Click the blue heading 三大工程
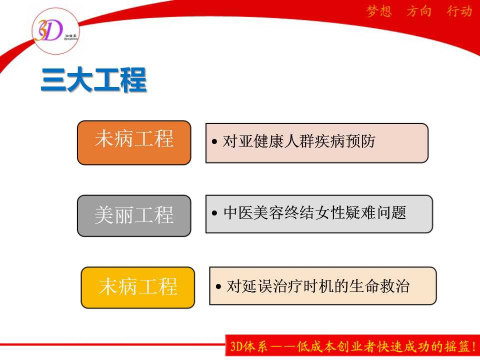93,79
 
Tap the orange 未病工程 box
134,142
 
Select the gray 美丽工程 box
134,215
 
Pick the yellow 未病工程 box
138,287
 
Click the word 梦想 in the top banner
379,11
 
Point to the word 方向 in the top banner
419,11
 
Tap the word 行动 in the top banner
459,11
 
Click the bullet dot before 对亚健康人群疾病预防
214,141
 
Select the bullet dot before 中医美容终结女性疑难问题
214,213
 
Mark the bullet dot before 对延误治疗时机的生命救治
218,286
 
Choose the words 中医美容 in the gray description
254,212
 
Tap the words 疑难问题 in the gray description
376,212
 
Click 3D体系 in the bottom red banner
248,346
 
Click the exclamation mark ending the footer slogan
474,346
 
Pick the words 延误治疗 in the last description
272,286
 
